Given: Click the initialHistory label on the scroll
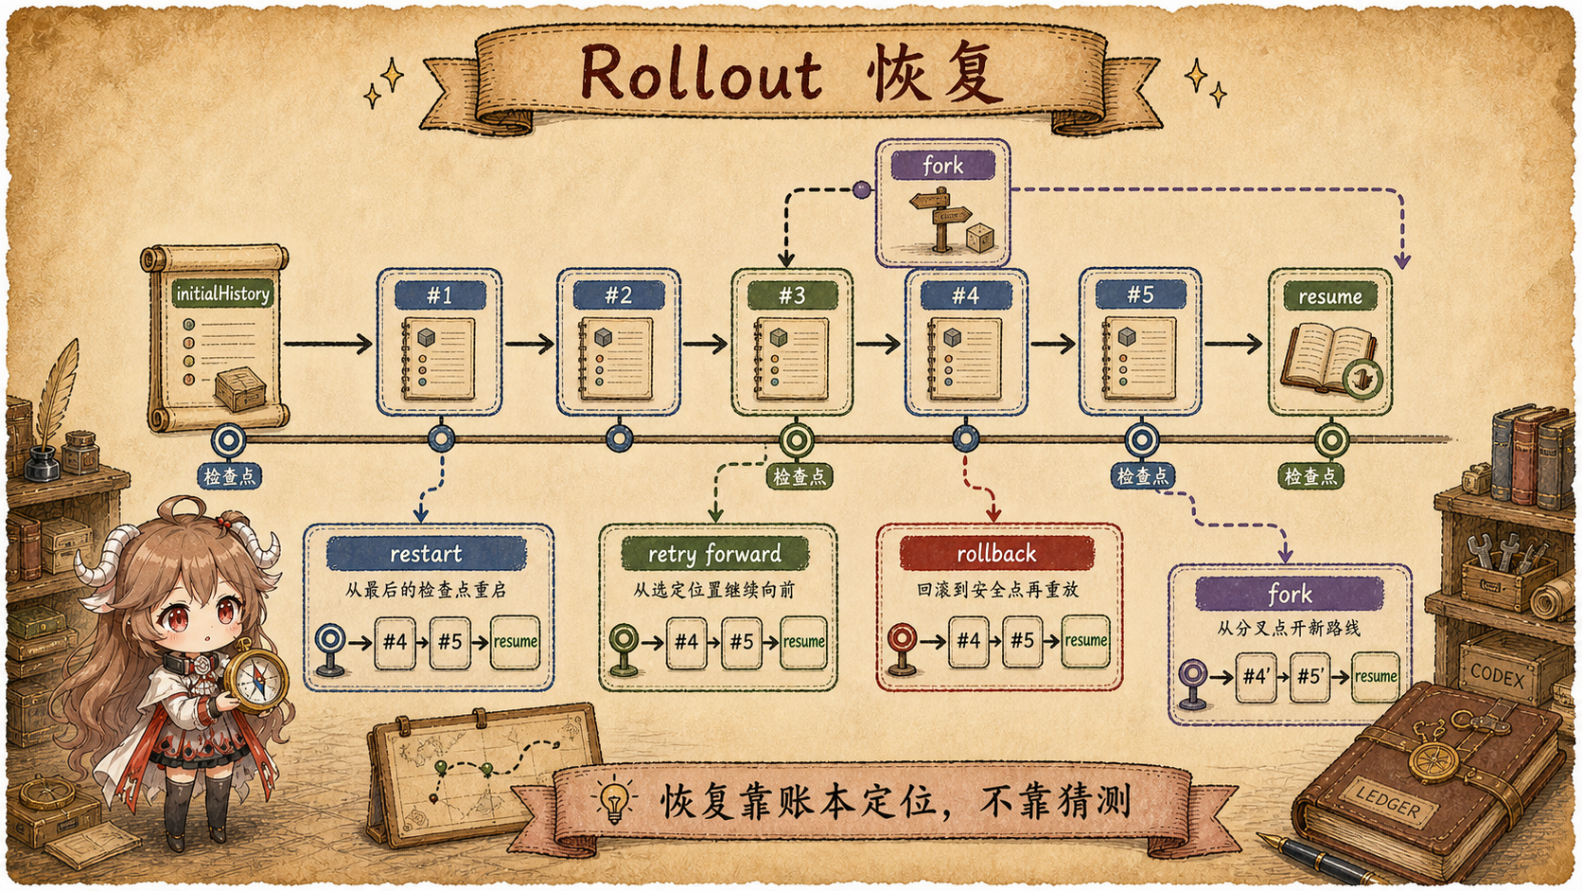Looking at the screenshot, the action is (x=222, y=294).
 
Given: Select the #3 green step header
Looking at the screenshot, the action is (x=792, y=295).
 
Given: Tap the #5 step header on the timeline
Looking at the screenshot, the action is (x=1140, y=294).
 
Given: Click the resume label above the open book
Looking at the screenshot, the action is (x=1330, y=296).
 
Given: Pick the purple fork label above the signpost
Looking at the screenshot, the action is (x=942, y=166).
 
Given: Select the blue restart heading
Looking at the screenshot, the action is (x=426, y=553).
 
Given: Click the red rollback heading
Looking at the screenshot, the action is (x=995, y=553).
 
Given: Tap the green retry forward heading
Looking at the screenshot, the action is (x=714, y=553).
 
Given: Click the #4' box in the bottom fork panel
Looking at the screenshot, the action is (x=1256, y=677).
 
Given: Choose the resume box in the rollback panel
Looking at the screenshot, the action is (x=1085, y=641).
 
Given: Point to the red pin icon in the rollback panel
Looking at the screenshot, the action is (x=902, y=648).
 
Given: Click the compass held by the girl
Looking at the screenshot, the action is (x=255, y=680).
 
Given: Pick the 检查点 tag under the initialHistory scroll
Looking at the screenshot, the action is (x=230, y=476).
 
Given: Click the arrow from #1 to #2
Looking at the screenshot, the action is (x=530, y=344).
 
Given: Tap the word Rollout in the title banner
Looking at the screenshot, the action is (x=701, y=72).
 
